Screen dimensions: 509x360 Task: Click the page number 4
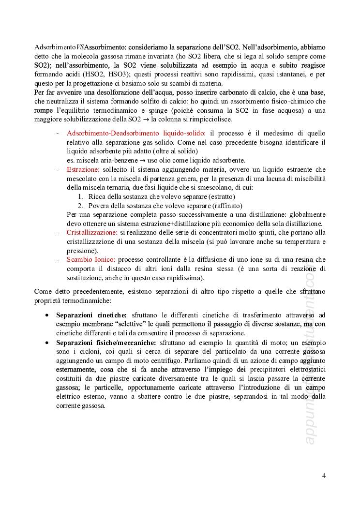point(324,475)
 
